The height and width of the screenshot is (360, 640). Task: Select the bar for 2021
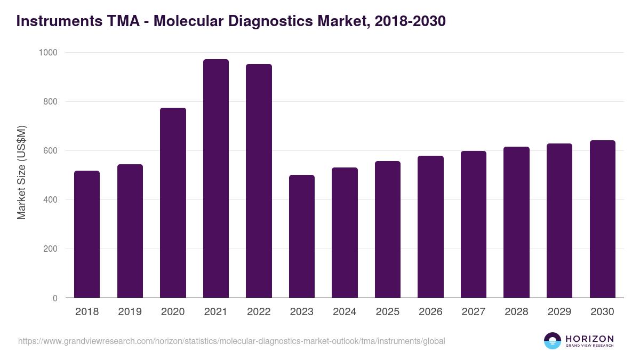tap(215, 179)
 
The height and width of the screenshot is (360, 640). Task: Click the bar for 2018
tap(87, 234)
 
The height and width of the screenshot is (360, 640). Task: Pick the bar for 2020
tap(173, 203)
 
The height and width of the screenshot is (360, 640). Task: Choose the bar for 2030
tap(602, 219)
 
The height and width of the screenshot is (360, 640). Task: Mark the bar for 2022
tap(259, 181)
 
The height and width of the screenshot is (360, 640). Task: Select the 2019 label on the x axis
tap(130, 312)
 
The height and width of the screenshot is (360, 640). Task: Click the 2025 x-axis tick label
tap(387, 312)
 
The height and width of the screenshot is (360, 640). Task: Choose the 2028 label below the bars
tap(516, 312)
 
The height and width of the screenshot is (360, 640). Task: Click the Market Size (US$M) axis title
tap(21, 172)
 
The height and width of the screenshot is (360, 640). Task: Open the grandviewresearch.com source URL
tap(231, 341)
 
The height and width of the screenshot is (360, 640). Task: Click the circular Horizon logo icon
tap(553, 341)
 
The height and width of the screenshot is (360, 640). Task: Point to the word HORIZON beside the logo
tap(589, 338)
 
